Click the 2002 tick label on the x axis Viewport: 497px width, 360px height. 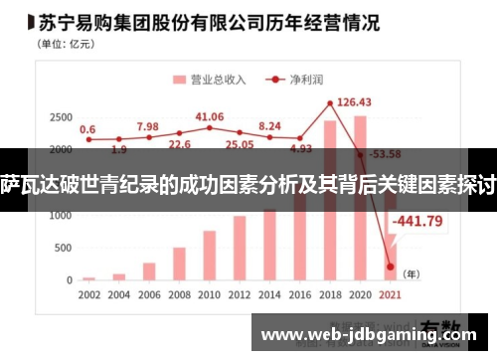(88, 296)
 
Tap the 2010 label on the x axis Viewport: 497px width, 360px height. (210, 296)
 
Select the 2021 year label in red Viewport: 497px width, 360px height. (390, 296)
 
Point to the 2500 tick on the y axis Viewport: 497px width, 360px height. (59, 118)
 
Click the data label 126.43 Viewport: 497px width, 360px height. (354, 101)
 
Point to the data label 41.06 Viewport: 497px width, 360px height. (210, 116)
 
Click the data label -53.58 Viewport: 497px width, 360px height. (384, 154)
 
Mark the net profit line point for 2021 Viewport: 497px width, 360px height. (390, 267)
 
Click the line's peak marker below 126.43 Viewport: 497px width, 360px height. (330, 103)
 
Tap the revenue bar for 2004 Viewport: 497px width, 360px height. (119, 275)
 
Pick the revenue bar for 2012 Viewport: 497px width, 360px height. (240, 248)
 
